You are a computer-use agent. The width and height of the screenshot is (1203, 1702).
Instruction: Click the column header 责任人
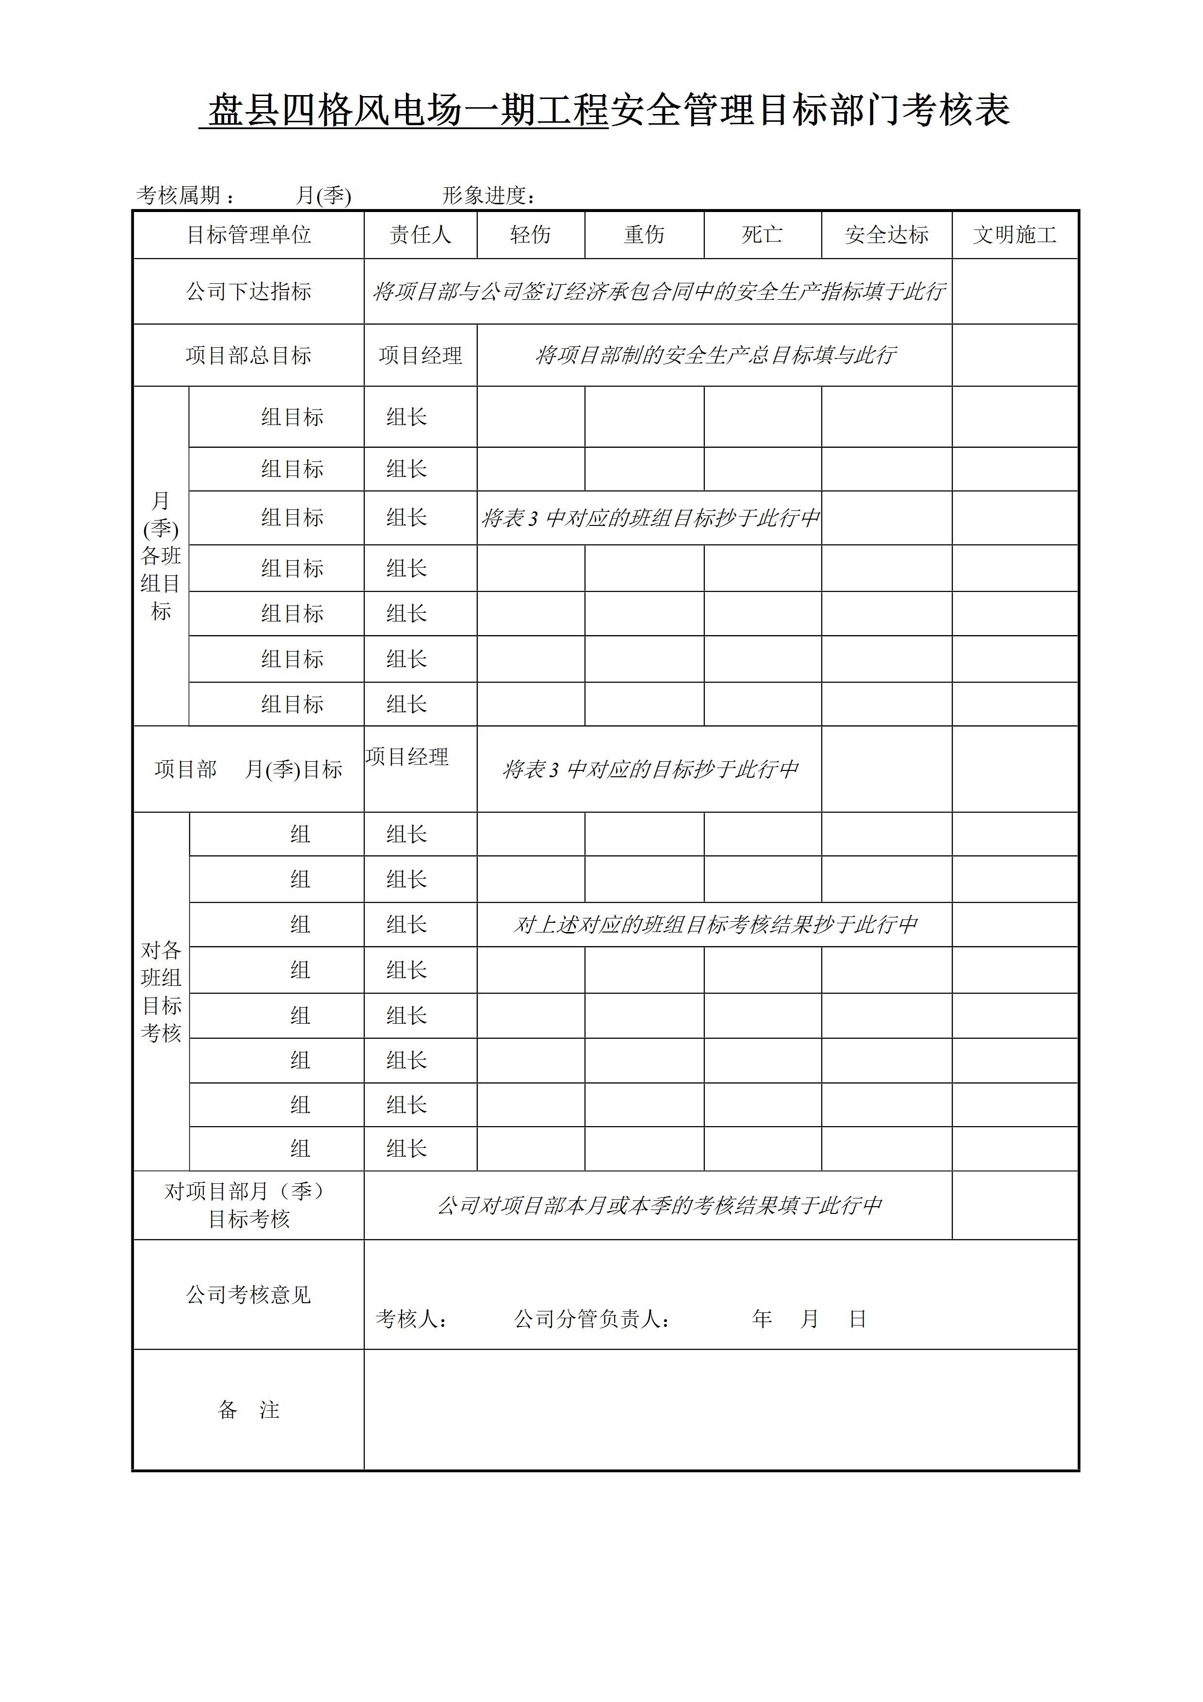[x=420, y=235]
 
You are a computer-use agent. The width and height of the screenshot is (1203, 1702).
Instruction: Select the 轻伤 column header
[x=531, y=235]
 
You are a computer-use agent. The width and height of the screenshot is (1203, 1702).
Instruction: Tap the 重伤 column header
[x=644, y=235]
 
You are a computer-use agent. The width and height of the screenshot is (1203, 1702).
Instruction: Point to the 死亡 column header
[x=762, y=235]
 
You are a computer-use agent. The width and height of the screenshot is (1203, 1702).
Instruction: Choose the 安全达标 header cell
[x=887, y=235]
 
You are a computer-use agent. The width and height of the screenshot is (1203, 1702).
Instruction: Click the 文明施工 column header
[x=1015, y=235]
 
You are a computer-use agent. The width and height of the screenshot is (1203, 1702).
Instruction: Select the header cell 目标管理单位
[x=248, y=235]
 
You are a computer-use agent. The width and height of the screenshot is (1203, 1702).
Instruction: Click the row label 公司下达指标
[x=248, y=291]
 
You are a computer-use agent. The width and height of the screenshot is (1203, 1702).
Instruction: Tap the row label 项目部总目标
[x=248, y=356]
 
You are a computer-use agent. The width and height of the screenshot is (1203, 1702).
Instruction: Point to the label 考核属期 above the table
[x=179, y=196]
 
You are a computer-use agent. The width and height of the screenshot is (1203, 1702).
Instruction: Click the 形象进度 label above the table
[x=486, y=196]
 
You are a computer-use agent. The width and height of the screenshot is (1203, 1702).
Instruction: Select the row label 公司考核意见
[x=248, y=1295]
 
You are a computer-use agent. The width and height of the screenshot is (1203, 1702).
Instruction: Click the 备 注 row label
[x=248, y=1410]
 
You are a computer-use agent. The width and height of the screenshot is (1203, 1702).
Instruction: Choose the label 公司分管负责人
[x=591, y=1319]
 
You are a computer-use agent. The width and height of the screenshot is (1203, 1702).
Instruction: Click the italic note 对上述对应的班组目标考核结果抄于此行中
[x=715, y=924]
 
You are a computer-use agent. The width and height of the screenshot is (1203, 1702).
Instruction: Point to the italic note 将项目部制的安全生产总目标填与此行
[x=715, y=356]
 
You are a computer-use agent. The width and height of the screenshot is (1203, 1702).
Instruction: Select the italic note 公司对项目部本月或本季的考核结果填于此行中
[x=659, y=1205]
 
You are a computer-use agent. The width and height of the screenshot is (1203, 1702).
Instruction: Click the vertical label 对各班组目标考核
[x=161, y=991]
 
